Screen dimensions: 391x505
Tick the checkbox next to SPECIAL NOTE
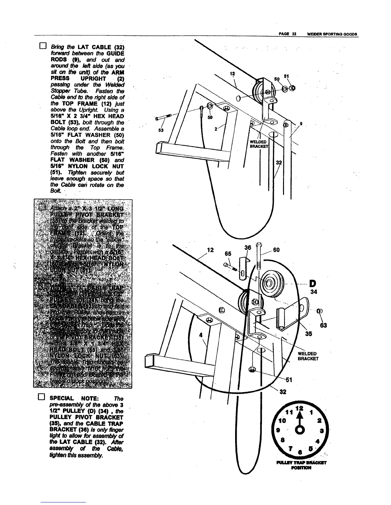click(41, 398)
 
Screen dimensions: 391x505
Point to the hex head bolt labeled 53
click(164, 117)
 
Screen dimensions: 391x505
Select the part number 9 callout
click(301, 124)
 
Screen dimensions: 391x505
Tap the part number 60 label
click(276, 250)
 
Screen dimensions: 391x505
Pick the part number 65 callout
click(228, 254)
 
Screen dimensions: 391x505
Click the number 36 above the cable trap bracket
click(248, 248)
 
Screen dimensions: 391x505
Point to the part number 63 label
click(324, 326)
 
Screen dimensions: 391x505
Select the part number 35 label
click(308, 334)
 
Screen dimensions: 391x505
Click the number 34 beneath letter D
click(314, 292)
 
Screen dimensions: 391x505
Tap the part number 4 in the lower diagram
click(201, 335)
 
